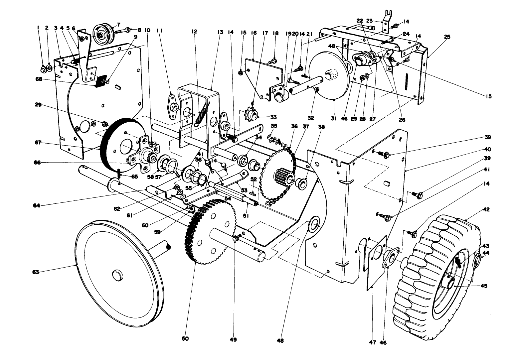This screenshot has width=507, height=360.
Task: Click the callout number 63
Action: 36,272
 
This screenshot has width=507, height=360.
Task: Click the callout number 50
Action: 185,338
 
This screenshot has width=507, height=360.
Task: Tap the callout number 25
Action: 447,37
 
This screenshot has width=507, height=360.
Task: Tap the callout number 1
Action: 38,28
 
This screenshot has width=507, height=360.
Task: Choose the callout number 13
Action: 220,32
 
